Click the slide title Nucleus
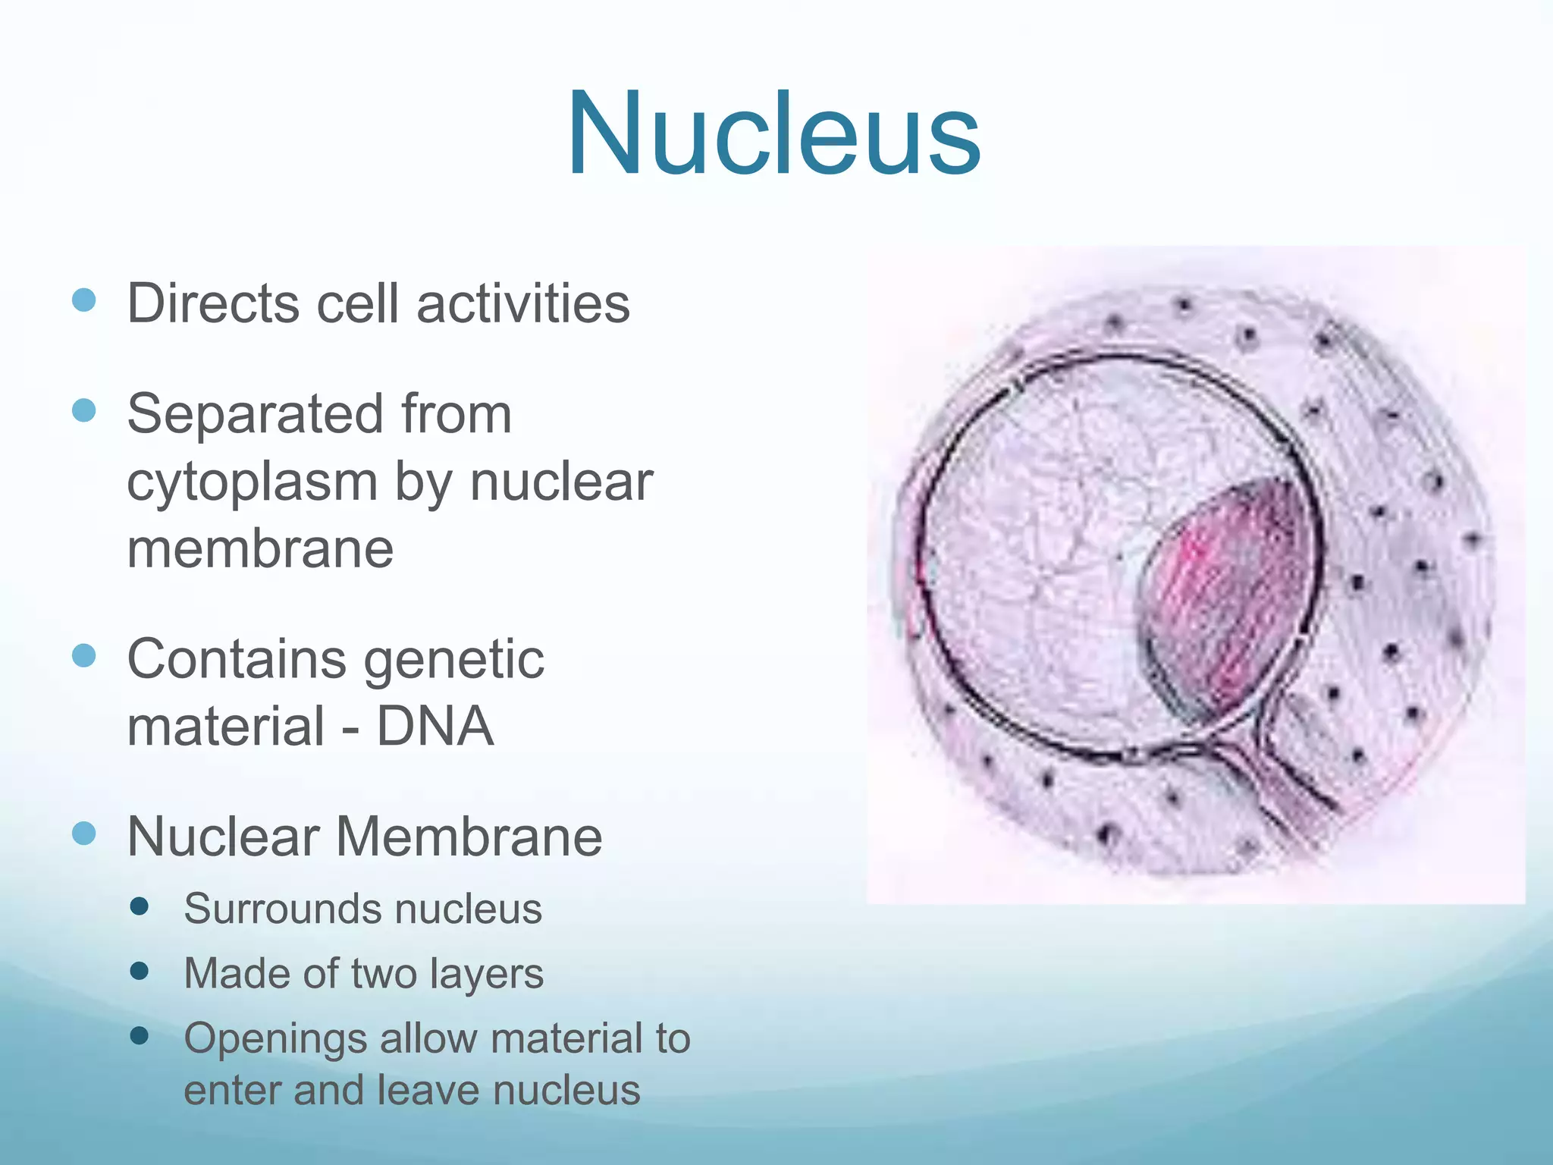[x=773, y=135]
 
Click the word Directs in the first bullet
[x=213, y=303]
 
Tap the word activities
[x=523, y=303]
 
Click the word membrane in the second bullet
[x=260, y=548]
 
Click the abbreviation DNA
[x=435, y=726]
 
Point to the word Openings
[x=276, y=1039]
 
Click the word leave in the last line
[x=428, y=1091]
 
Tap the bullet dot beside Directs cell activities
[x=83, y=300]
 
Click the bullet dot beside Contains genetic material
[x=83, y=655]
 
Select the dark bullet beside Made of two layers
[x=139, y=971]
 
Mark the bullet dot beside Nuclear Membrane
[x=83, y=834]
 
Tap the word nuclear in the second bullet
[x=561, y=482]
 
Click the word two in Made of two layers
[x=384, y=974]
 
